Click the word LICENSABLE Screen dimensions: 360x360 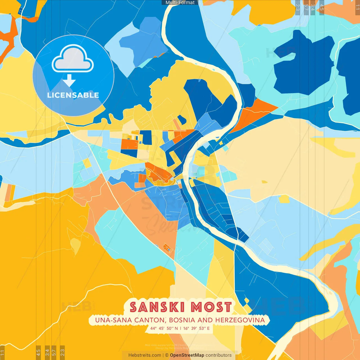click(73, 95)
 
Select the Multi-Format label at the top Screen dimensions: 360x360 click(180, 3)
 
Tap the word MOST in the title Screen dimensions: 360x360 click(211, 307)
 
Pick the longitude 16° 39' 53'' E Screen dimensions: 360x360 click(197, 328)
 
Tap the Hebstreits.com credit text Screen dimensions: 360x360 click(145, 355)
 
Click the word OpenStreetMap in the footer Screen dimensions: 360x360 click(187, 355)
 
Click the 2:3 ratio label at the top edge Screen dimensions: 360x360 click(298, 7)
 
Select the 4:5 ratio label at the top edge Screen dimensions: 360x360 click(322, 7)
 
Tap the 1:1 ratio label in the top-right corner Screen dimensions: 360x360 click(357, 7)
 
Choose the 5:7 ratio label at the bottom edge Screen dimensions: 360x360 click(54, 352)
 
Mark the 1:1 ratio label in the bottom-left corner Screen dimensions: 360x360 click(3, 353)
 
